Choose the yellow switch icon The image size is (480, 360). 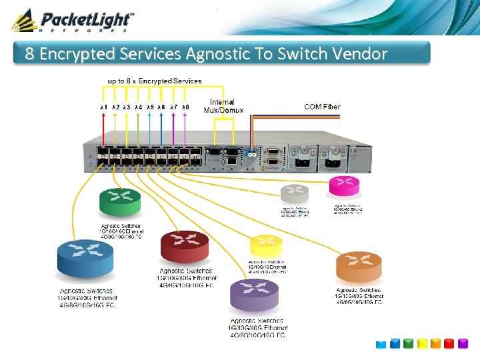pos(266,245)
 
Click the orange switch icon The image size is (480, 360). pos(359,267)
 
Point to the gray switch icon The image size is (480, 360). pos(294,194)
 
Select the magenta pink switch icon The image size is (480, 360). pos(345,186)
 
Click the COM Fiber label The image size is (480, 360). pos(322,107)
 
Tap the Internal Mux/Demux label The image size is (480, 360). pos(223,106)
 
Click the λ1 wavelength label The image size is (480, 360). pos(103,107)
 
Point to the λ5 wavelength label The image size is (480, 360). pos(150,107)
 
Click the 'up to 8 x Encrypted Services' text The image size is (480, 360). pos(155,81)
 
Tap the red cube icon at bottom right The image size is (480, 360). pos(463,344)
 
